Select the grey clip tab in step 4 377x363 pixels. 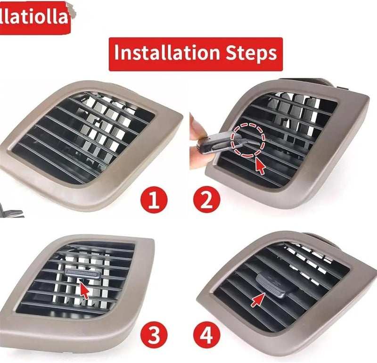pos(275,285)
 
